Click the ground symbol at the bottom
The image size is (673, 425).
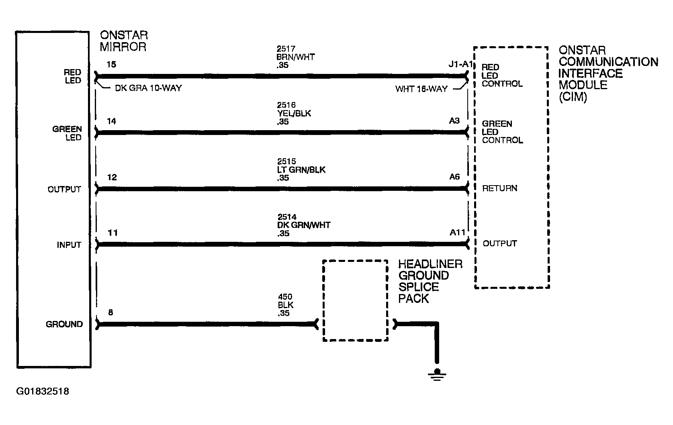[437, 375]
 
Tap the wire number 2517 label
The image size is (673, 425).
[286, 49]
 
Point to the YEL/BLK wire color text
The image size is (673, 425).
[294, 114]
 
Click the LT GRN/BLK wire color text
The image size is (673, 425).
[301, 170]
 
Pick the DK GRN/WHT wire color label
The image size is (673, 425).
[304, 225]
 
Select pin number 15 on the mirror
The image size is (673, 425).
[111, 65]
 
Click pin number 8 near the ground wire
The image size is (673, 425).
[110, 313]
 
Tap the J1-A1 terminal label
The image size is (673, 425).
[460, 64]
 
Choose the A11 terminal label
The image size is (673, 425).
[457, 233]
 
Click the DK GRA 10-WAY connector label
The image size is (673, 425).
[148, 88]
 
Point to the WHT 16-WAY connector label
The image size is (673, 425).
[421, 89]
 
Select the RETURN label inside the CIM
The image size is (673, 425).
[500, 188]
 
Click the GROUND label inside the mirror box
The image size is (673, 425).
[64, 325]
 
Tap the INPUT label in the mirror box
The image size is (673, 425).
[69, 245]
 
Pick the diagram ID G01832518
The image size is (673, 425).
[43, 391]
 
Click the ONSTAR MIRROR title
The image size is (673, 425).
[124, 41]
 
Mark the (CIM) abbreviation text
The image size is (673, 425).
[573, 97]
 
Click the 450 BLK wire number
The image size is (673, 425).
[285, 297]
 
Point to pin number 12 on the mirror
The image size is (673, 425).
[112, 178]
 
